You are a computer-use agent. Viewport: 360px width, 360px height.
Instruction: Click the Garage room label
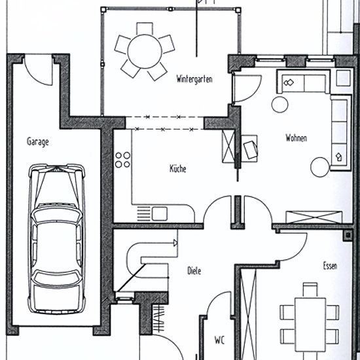click(38, 141)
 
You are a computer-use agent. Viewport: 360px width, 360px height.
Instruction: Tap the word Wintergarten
click(194, 79)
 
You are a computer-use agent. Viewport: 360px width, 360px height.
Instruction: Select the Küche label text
click(177, 168)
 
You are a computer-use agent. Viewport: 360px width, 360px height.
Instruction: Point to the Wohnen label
click(296, 137)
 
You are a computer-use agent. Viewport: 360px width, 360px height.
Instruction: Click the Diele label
click(194, 271)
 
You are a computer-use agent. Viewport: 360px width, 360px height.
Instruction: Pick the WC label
click(219, 340)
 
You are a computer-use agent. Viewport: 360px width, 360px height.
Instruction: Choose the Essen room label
click(330, 266)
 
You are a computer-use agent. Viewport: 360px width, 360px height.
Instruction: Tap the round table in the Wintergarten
click(145, 51)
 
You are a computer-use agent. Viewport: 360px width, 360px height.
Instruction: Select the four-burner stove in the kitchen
click(122, 160)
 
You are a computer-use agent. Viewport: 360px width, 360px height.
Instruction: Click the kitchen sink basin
click(160, 214)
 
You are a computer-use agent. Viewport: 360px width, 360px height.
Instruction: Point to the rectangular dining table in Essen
click(310, 325)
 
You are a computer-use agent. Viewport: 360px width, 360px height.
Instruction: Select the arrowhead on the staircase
click(175, 243)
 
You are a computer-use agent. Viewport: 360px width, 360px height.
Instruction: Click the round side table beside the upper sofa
click(279, 105)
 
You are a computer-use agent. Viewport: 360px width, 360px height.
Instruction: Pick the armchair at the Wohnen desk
click(250, 149)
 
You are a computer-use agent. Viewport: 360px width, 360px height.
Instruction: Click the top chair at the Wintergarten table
click(145, 28)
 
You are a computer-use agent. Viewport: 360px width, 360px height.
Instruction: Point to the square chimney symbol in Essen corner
click(348, 235)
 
